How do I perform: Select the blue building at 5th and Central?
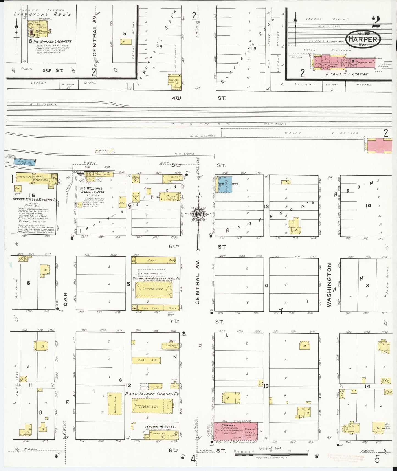pyautogui.click(x=225, y=185)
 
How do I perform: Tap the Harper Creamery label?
pyautogui.click(x=52, y=41)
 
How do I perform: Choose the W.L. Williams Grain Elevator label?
pyautogui.click(x=91, y=190)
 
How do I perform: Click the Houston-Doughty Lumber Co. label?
pyautogui.click(x=156, y=278)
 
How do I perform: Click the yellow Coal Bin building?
pyautogui.click(x=146, y=360)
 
